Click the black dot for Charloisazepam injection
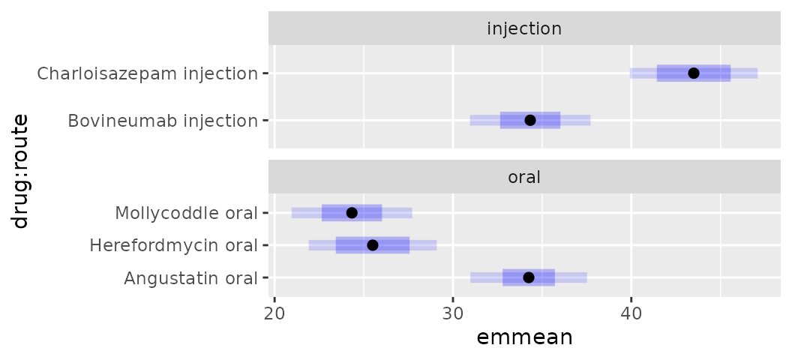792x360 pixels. pyautogui.click(x=694, y=73)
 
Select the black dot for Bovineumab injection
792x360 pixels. pyautogui.click(x=530, y=120)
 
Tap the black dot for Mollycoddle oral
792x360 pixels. pyautogui.click(x=352, y=213)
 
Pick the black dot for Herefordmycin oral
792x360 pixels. pyautogui.click(x=372, y=245)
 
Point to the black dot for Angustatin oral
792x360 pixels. pyautogui.click(x=528, y=277)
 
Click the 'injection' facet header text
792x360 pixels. pyautogui.click(x=524, y=28)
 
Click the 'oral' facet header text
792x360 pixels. pyautogui.click(x=524, y=178)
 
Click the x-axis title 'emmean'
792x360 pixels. pyautogui.click(x=524, y=338)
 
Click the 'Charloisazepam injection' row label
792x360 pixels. pyautogui.click(x=147, y=73)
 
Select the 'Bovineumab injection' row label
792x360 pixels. pyautogui.click(x=162, y=121)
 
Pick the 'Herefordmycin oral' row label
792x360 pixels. pyautogui.click(x=173, y=245)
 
